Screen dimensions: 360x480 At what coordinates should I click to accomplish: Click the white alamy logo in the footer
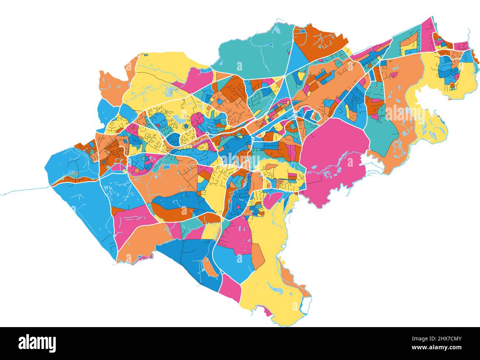click(37, 343)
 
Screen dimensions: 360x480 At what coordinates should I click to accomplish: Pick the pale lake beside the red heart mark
click(176, 119)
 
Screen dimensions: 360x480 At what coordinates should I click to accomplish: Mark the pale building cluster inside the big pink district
click(329, 174)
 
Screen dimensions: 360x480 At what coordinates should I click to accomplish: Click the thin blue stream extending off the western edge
click(22, 190)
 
